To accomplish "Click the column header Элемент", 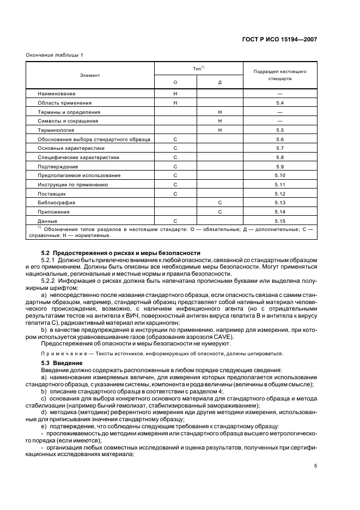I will point(90,75).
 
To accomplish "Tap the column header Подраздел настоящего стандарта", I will point(280,75).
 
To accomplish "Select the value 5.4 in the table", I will point(280,103).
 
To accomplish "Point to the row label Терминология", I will point(56,130).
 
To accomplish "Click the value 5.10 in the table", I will point(280,175).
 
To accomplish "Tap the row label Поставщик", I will point(52,193).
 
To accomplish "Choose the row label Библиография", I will point(56,203).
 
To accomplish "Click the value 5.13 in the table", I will point(280,203).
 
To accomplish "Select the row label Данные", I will point(47,221).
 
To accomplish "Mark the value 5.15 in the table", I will point(280,221).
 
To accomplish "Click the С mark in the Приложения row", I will point(219,211).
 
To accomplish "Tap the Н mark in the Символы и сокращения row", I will point(219,121).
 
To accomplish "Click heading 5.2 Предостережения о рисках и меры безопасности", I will point(121,253).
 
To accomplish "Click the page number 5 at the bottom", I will point(315,466).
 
